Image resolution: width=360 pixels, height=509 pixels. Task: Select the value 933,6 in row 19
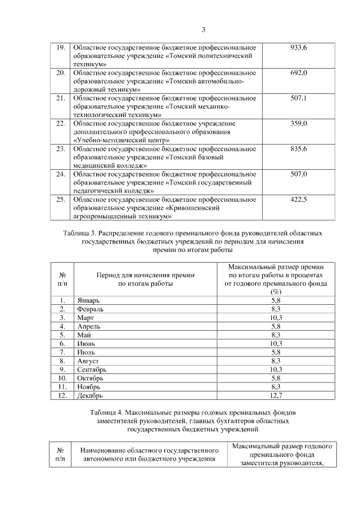pos(298,47)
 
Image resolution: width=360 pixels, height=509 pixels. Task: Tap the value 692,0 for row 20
pos(298,73)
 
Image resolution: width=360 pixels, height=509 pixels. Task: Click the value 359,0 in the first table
pos(298,124)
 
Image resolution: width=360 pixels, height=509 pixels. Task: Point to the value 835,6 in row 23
pos(298,149)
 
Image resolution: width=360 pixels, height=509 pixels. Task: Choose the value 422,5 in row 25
pos(298,200)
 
